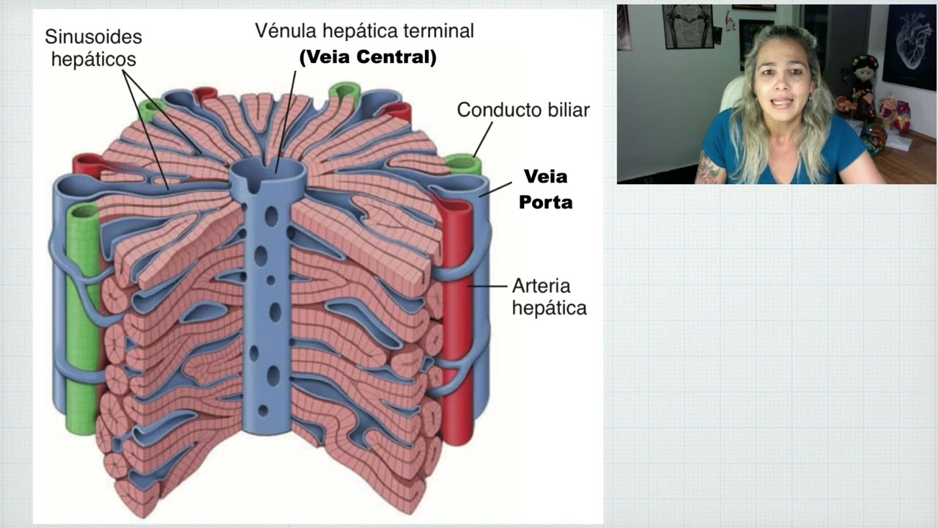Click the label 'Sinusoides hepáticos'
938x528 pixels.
coord(93,48)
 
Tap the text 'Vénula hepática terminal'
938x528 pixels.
coord(364,31)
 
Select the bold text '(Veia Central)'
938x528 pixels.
coord(368,57)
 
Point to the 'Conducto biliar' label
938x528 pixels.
coord(523,110)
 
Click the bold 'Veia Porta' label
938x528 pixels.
coord(546,189)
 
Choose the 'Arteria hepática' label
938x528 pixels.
coord(549,297)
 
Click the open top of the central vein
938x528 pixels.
coord(268,172)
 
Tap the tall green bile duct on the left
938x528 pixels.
coord(83,318)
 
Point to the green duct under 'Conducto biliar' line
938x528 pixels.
coord(463,164)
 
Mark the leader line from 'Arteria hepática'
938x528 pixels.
coord(487,286)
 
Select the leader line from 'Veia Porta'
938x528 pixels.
coord(495,189)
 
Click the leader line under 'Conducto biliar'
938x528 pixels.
coord(483,139)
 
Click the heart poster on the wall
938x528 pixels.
coord(909,46)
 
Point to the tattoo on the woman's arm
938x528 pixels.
coord(709,169)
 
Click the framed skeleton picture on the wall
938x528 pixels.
coord(687,26)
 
